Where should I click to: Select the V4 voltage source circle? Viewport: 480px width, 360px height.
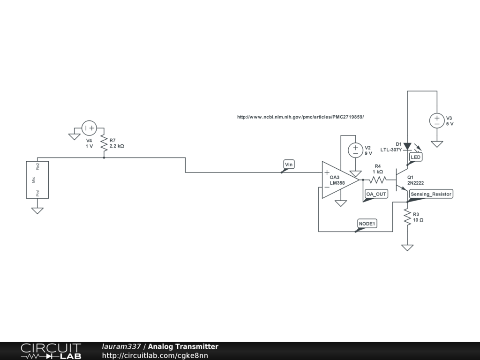coord(89,127)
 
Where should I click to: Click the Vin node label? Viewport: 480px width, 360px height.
coord(289,165)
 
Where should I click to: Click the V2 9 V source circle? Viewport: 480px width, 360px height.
coord(355,150)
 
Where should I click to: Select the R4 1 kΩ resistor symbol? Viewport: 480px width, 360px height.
coord(378,180)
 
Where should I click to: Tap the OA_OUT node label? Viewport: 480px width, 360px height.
coord(376,195)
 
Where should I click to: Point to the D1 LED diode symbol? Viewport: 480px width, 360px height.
coord(407,146)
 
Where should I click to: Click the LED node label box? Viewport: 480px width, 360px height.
coord(416,157)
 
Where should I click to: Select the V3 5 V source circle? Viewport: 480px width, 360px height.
coord(437,120)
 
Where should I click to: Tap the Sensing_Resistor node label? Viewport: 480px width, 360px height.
coord(431,194)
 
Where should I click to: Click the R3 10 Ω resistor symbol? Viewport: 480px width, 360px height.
coord(407,217)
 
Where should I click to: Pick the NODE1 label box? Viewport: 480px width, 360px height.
coord(367,224)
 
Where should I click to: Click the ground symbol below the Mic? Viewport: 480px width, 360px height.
coord(37,210)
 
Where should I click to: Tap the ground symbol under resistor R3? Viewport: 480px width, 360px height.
coord(407,247)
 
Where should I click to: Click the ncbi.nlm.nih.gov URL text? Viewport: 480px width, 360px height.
coord(300,117)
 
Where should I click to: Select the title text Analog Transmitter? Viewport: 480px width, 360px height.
coord(183,347)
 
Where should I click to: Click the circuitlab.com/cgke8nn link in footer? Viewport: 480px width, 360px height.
coord(155,356)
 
